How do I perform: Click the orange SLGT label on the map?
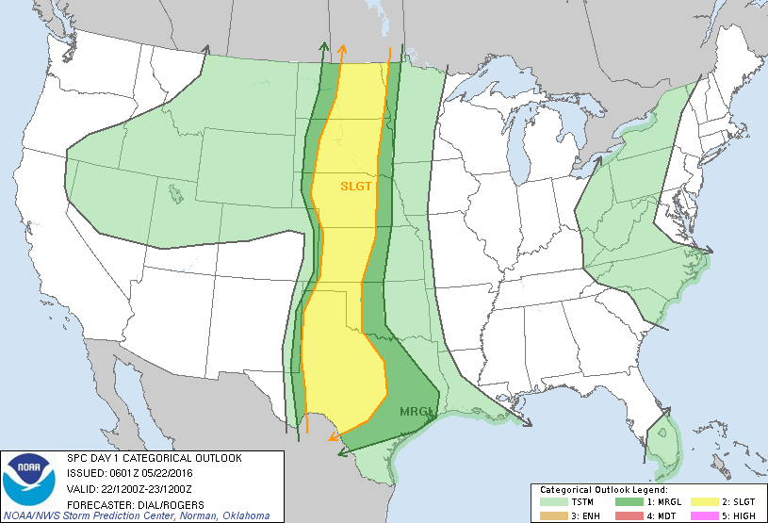pyautogui.click(x=356, y=187)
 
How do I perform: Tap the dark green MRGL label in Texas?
pyautogui.click(x=416, y=412)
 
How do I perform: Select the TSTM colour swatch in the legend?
pyautogui.click(x=551, y=502)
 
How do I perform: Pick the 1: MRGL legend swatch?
pyautogui.click(x=629, y=502)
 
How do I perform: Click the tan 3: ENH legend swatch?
pyautogui.click(x=551, y=515)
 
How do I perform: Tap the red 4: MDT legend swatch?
pyautogui.click(x=629, y=515)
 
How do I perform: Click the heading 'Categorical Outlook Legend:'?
pyautogui.click(x=603, y=490)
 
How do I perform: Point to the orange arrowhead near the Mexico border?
pyautogui.click(x=333, y=436)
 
